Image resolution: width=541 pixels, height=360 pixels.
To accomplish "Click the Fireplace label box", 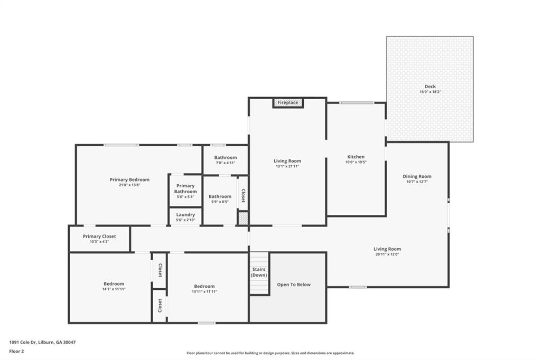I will [288, 102].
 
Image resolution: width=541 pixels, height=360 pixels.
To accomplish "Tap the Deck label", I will [430, 87].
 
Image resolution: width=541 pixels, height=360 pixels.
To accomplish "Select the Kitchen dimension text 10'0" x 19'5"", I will [356, 163].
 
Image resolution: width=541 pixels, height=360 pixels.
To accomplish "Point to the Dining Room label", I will [417, 176].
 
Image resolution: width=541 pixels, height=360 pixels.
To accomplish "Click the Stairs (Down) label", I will [259, 272].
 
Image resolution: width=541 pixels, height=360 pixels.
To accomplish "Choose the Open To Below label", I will [294, 285].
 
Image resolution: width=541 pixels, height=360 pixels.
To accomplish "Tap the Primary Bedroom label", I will [129, 179].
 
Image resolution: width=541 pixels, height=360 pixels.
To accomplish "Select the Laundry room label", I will [185, 215].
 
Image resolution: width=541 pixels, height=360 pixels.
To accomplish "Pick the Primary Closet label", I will [99, 236].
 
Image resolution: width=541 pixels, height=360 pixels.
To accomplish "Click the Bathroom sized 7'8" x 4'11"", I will [226, 160].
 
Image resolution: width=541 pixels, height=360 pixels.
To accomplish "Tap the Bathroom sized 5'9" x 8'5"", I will [220, 198].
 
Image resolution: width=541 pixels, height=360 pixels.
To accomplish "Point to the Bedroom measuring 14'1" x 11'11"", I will [114, 286].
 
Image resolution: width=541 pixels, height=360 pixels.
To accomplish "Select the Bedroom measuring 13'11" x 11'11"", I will [204, 289].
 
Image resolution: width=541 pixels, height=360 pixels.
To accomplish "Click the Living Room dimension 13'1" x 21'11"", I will [287, 166].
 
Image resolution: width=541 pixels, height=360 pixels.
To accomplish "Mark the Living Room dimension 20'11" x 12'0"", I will [387, 254].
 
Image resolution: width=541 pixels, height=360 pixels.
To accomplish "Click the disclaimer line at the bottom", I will [270, 353].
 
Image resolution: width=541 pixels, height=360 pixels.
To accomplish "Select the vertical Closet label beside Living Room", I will [243, 196].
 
